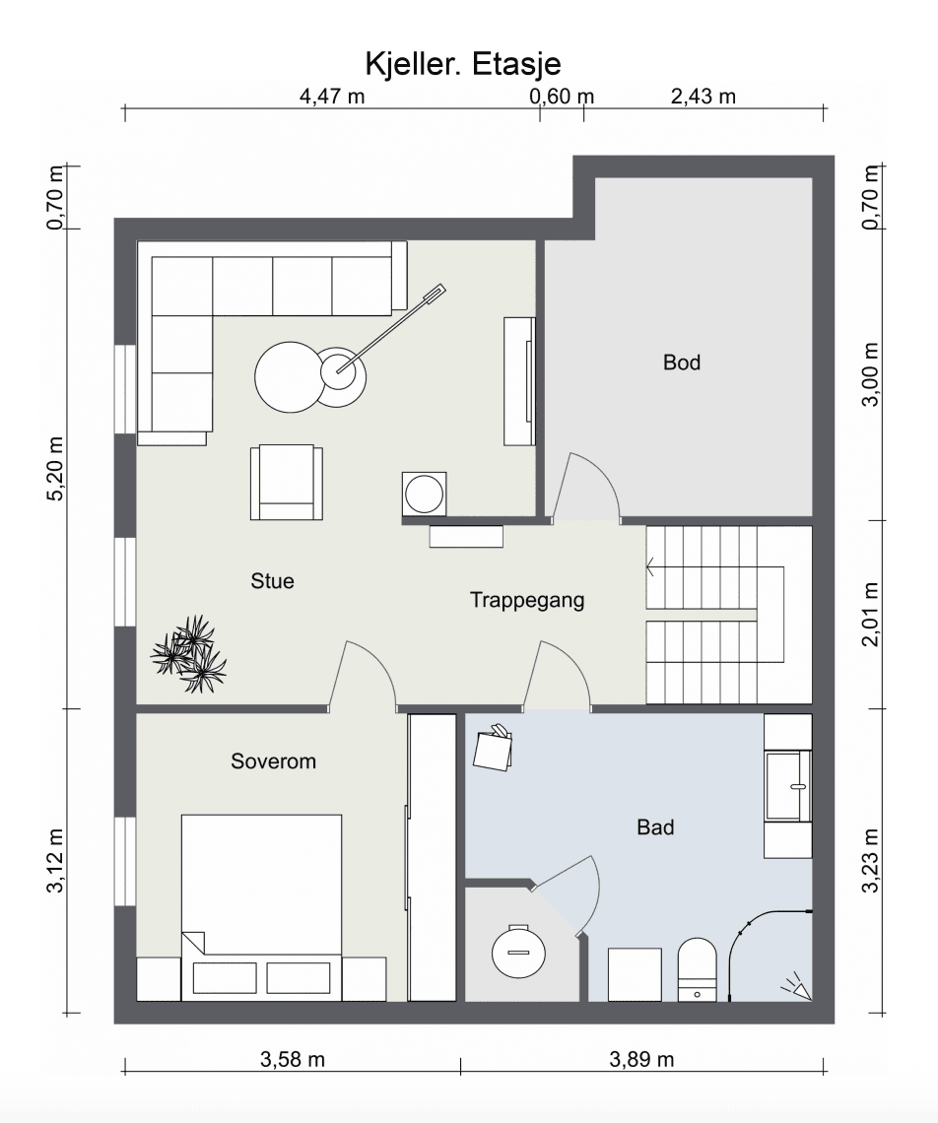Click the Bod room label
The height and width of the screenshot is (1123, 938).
pos(682,363)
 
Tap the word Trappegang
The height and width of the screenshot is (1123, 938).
pos(527,600)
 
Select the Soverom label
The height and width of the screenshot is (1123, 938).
pos(273,761)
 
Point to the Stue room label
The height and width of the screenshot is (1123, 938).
pos(272,581)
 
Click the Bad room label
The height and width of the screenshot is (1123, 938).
pos(655,827)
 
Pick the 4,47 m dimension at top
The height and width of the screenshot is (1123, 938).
pos(332,96)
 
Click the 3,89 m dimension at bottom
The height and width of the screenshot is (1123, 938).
pos(641,1059)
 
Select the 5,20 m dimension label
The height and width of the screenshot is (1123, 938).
pos(55,468)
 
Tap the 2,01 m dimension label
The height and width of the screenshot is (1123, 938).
pos(869,614)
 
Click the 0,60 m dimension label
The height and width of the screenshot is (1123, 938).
pos(562,96)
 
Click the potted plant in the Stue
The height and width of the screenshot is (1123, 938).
pos(188,654)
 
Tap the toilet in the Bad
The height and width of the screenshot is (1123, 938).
pos(698,969)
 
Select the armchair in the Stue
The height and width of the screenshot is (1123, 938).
pos(286,482)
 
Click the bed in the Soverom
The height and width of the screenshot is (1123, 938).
pos(261,907)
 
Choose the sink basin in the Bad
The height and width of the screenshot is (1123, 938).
pos(788,785)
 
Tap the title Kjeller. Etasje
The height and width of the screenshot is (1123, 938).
pos(463,64)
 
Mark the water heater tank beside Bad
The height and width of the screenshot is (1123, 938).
pos(519,952)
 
